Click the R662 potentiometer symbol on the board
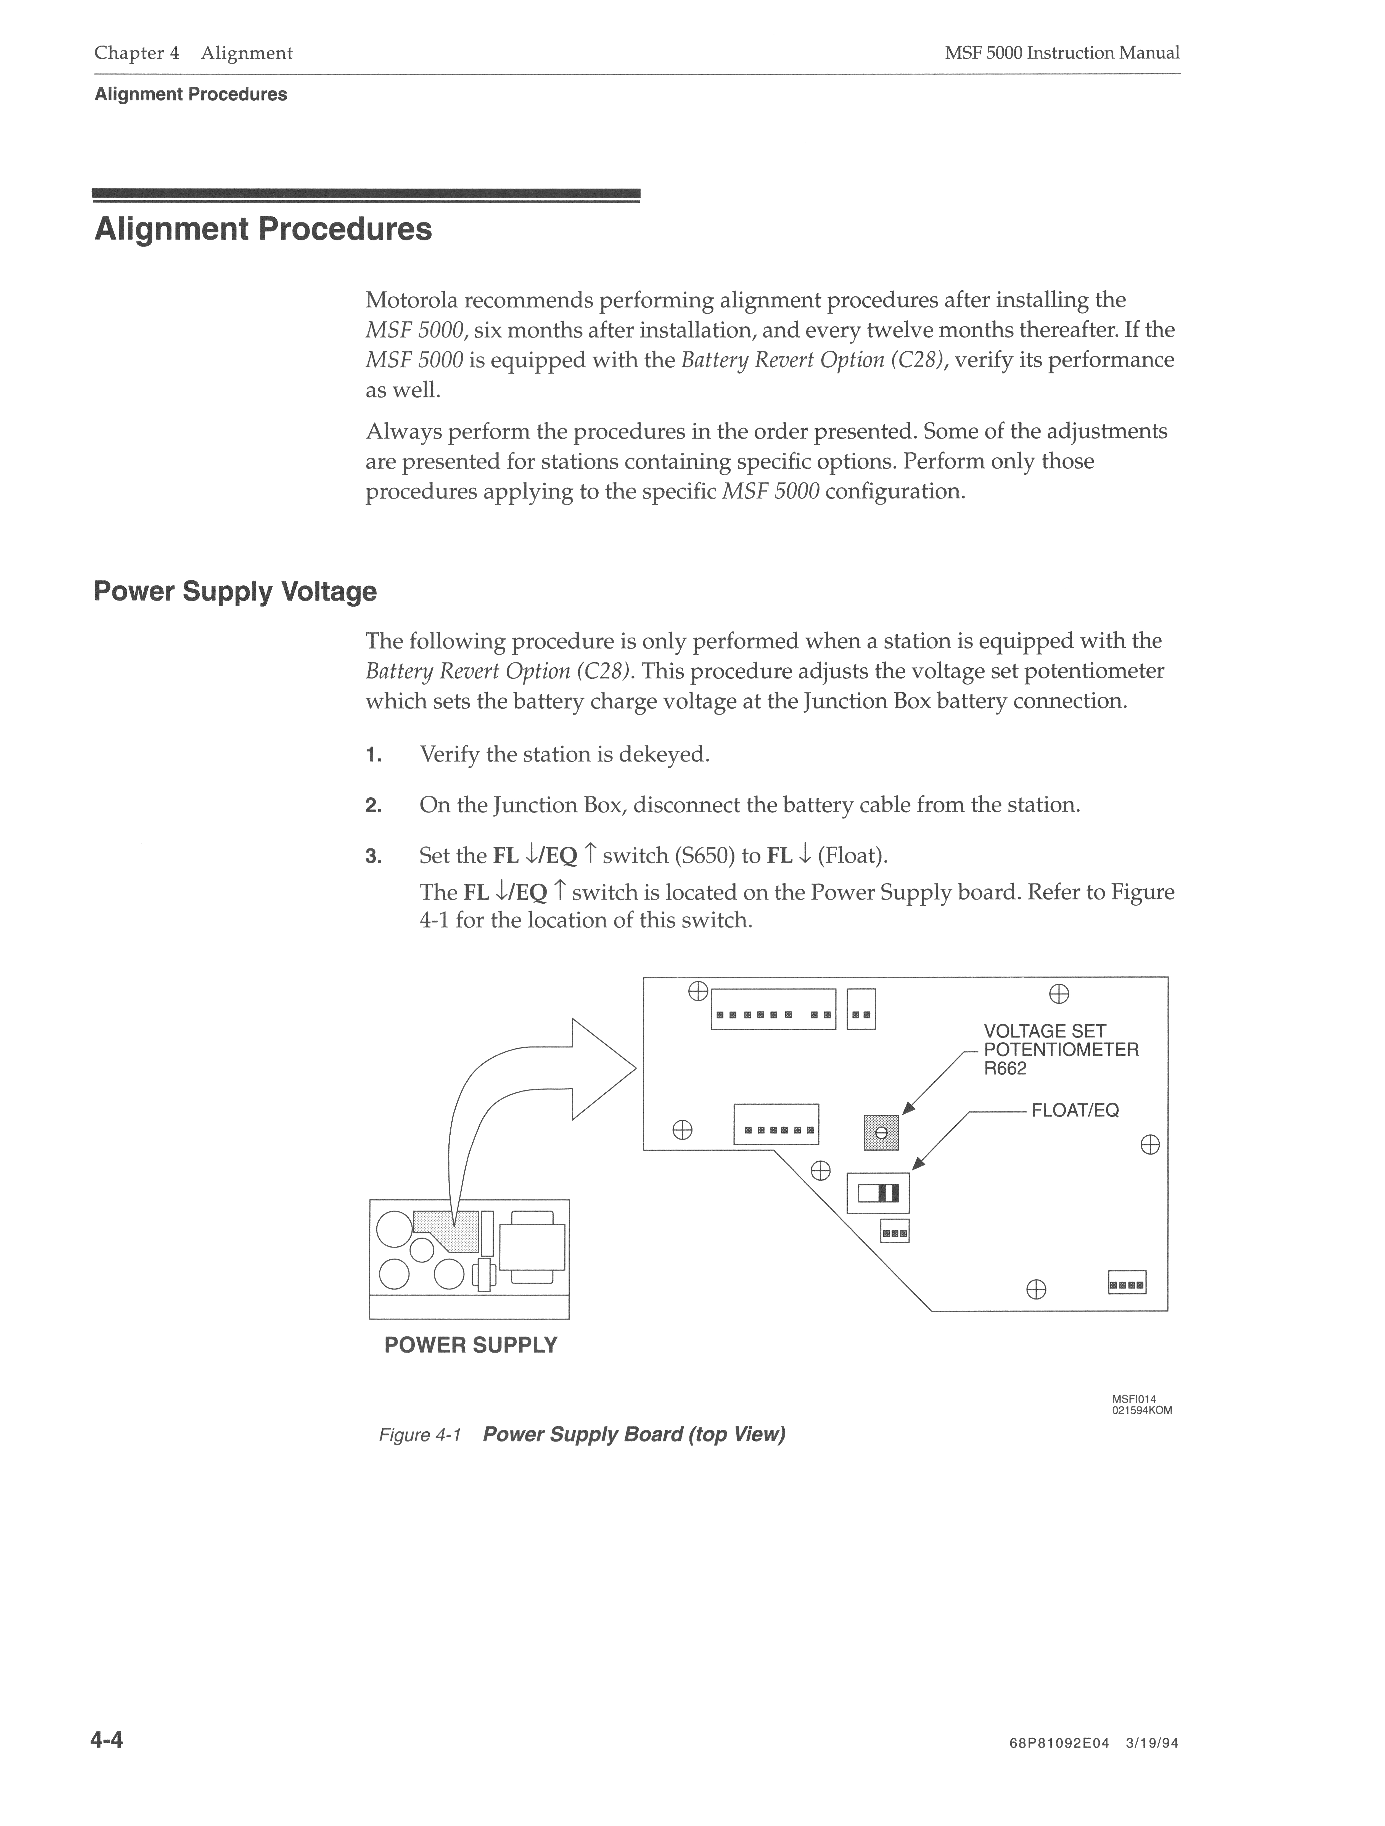880,1133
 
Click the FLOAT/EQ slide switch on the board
878,1193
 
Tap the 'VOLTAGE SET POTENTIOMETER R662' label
1061,1049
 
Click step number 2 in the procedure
373,806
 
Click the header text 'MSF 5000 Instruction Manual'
1062,53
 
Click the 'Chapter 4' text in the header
136,53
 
